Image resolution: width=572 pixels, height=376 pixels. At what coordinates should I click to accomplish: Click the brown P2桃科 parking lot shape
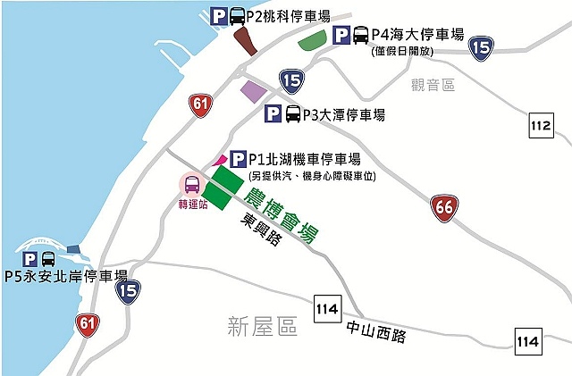click(x=243, y=41)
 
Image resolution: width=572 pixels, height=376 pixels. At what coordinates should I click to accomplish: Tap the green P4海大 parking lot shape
click(x=312, y=39)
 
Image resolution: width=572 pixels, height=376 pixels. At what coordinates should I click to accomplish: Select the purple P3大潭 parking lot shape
click(x=254, y=91)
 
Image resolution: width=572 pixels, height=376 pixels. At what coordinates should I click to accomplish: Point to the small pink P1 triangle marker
click(x=220, y=158)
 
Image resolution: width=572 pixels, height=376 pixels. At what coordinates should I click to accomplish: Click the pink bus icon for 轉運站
click(x=192, y=185)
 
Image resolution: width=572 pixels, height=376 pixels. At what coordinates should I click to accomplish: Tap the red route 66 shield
click(x=443, y=207)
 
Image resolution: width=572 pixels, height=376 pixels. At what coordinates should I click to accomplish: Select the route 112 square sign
click(x=541, y=127)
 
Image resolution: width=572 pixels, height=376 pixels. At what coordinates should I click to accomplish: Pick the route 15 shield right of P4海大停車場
click(x=481, y=48)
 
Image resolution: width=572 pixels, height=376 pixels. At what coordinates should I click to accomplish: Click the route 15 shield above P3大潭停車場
click(x=290, y=80)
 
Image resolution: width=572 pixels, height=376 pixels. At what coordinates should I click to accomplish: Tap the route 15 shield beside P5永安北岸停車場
click(x=129, y=288)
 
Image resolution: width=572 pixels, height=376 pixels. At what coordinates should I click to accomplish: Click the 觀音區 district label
click(x=433, y=85)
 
